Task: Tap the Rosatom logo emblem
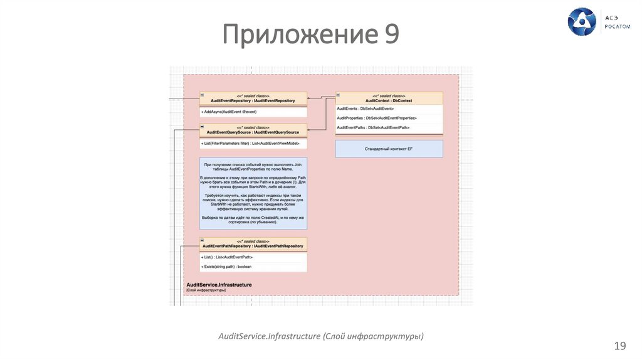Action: tap(582, 22)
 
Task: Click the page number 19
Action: tap(620, 346)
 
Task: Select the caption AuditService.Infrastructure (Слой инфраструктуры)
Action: tap(320, 337)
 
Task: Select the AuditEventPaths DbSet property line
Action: tap(374, 127)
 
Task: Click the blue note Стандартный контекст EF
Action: tap(389, 149)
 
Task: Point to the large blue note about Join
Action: tap(253, 194)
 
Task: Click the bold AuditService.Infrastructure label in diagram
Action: tap(219, 285)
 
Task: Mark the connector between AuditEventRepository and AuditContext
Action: tap(321, 98)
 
